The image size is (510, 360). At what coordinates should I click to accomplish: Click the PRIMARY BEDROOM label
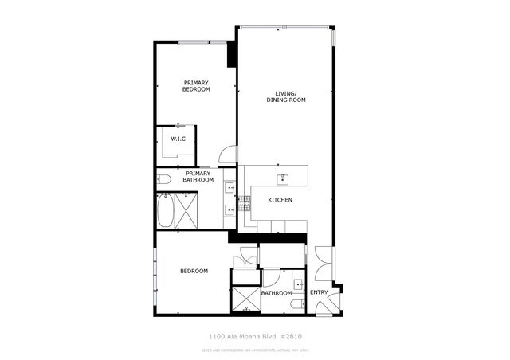pyautogui.click(x=197, y=86)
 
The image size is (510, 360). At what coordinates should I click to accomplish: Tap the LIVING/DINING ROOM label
pyautogui.click(x=286, y=97)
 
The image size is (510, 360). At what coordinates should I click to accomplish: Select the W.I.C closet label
pyautogui.click(x=178, y=139)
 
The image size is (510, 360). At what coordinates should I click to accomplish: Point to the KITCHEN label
pyautogui.click(x=280, y=199)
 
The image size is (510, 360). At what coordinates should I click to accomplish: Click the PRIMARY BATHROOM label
pyautogui.click(x=199, y=176)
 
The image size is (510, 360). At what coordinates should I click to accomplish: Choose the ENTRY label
pyautogui.click(x=319, y=292)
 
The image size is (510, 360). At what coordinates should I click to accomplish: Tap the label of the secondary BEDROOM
pyautogui.click(x=194, y=271)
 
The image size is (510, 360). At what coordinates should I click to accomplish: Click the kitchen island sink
pyautogui.click(x=281, y=178)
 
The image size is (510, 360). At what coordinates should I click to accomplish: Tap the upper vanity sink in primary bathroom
pyautogui.click(x=230, y=189)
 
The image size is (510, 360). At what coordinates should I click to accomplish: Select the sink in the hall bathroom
pyautogui.click(x=298, y=283)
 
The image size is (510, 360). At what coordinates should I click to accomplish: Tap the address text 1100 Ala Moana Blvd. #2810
pyautogui.click(x=256, y=336)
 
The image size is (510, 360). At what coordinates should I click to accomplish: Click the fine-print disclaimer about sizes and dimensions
pyautogui.click(x=256, y=349)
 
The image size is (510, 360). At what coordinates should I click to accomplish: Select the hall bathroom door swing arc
pyautogui.click(x=271, y=279)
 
